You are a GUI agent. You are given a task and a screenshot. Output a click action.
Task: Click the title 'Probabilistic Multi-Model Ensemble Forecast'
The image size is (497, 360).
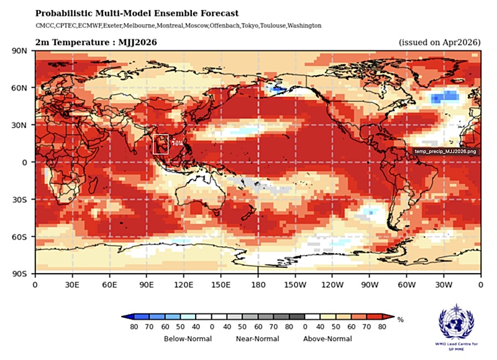tap(137, 13)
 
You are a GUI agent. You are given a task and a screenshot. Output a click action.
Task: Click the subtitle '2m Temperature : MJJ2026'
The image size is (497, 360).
tap(96, 42)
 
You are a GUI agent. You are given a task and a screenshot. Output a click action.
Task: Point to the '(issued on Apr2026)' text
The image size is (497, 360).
tap(439, 42)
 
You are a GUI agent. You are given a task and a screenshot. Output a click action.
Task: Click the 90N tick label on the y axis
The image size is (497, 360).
tap(20, 51)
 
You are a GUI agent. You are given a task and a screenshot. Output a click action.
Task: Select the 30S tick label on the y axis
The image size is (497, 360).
tap(20, 200)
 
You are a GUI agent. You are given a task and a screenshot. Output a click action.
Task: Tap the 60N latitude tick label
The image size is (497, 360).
tap(20, 88)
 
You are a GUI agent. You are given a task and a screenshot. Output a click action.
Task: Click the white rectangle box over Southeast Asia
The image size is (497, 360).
tap(161, 144)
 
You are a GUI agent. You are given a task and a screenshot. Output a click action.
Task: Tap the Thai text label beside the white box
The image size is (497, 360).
tap(177, 142)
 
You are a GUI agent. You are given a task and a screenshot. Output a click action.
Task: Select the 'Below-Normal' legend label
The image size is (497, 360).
tap(188, 339)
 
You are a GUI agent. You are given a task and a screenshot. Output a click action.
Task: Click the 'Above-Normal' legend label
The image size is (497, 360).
tap(327, 339)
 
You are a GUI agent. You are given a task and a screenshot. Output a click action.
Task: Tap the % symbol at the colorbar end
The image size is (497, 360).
tap(401, 320)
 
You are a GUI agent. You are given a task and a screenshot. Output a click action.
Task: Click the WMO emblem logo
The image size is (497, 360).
tap(458, 321)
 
